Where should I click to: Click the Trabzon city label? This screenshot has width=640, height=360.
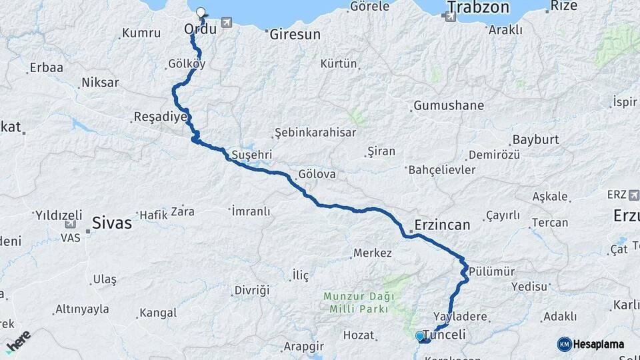(478, 8)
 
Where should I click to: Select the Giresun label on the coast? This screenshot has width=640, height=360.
(295, 34)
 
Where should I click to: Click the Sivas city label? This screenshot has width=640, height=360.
(112, 223)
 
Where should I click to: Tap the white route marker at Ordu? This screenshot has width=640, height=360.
(201, 12)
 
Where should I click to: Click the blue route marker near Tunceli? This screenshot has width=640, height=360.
(419, 336)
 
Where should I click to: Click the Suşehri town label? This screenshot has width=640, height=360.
(251, 155)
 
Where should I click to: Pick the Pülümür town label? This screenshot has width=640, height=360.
(492, 271)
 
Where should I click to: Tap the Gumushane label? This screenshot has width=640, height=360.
(449, 106)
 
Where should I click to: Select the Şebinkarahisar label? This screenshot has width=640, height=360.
(315, 133)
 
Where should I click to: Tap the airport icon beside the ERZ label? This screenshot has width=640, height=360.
(633, 195)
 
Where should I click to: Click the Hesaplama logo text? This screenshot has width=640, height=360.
(598, 344)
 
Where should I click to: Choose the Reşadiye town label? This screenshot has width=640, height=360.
(160, 117)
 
